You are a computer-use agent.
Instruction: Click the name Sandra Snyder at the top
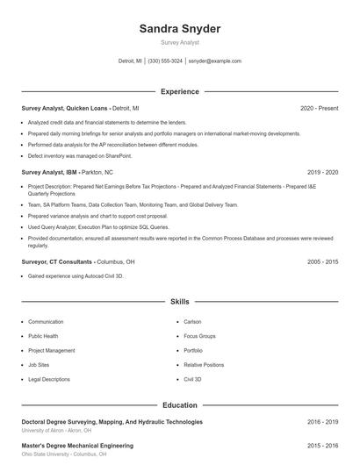point(180,28)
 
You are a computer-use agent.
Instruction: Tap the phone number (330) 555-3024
point(165,61)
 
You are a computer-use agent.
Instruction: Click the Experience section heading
point(180,91)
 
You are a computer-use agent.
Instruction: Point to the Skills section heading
point(180,301)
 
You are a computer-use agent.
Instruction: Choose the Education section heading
point(180,405)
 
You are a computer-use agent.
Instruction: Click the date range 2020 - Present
point(320,108)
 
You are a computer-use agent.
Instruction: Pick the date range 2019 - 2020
point(323,173)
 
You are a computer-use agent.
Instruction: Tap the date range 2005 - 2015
point(323,261)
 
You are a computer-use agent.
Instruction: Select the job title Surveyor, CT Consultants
point(56,261)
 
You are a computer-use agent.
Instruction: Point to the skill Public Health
point(43,336)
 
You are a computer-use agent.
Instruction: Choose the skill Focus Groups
point(200,336)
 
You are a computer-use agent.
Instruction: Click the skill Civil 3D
point(193,379)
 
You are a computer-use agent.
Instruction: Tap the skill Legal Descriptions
point(49,379)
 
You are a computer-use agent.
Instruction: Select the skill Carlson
point(193,322)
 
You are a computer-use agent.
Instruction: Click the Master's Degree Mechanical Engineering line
point(77,446)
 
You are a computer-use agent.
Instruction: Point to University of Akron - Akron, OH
point(57,430)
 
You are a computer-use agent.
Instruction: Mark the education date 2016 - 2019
point(323,422)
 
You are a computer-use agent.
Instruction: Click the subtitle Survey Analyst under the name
point(180,42)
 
